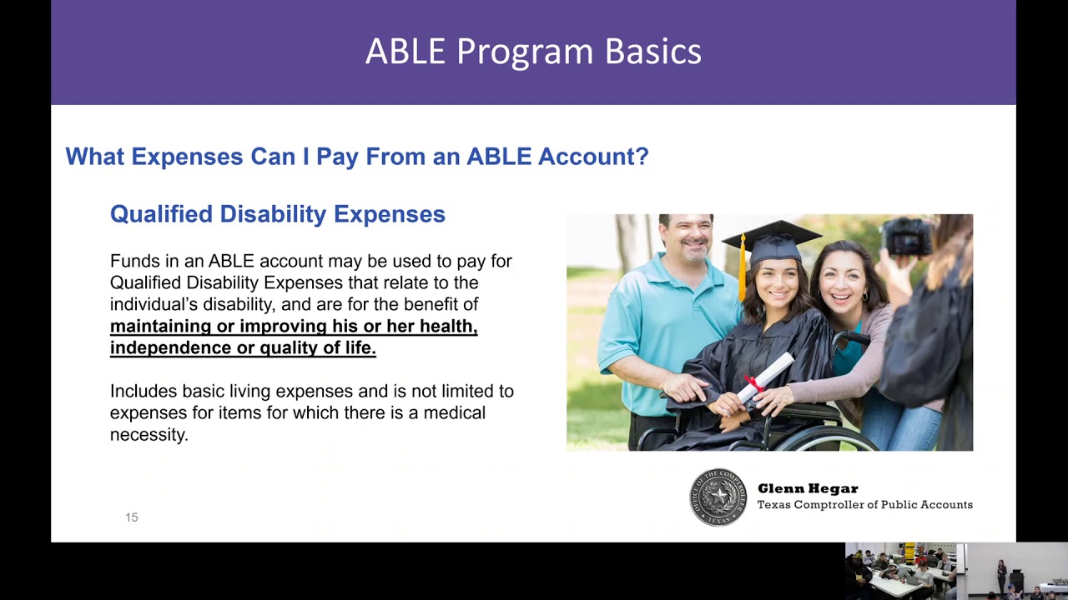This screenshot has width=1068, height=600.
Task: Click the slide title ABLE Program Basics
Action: point(533,52)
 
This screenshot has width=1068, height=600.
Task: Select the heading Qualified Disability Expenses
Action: point(277,214)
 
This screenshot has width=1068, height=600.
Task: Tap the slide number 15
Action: point(131,517)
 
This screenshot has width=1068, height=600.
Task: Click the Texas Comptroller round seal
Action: point(718,497)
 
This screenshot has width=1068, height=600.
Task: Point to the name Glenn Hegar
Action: point(807,489)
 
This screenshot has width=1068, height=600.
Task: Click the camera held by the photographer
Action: point(909,236)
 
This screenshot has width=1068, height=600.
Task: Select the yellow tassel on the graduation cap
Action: point(742,267)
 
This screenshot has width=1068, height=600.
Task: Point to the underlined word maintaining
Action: point(160,327)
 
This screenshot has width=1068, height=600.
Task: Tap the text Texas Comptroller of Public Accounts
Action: point(864,505)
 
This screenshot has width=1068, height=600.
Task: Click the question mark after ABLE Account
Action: point(641,157)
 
